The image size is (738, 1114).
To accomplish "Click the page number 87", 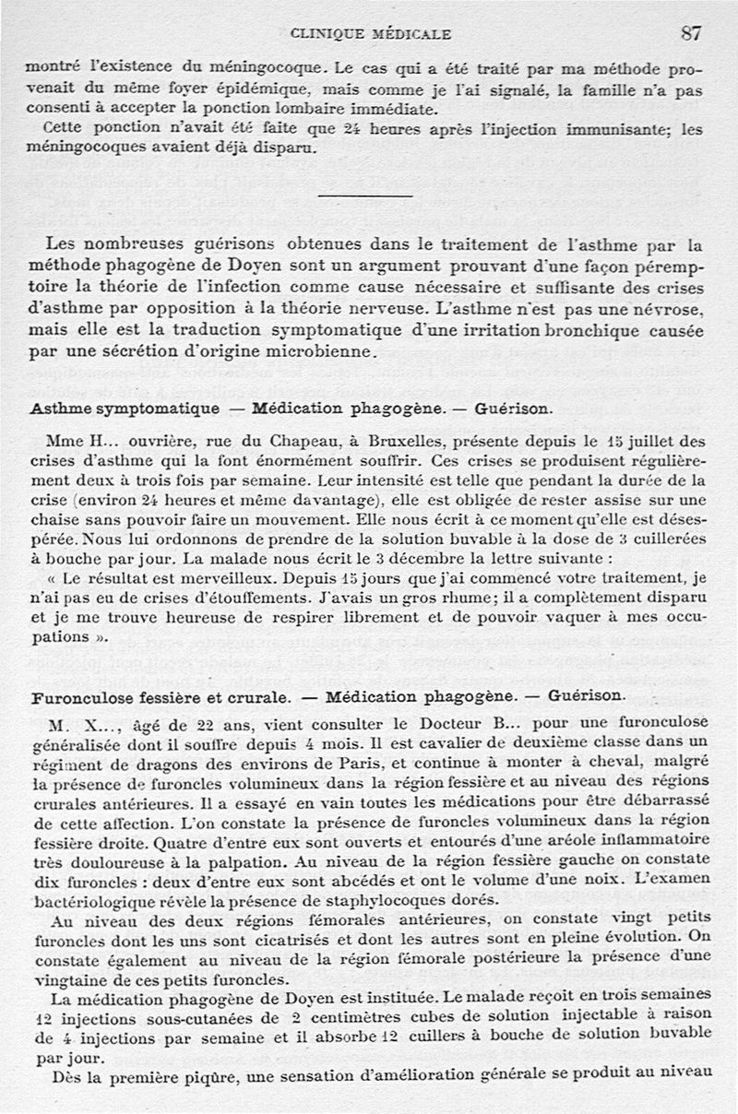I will coord(692,33).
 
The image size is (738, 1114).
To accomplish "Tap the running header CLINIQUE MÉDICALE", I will coord(371,34).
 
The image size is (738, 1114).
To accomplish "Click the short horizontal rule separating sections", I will coord(364,196).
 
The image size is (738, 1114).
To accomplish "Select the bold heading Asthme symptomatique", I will coord(125,408).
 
